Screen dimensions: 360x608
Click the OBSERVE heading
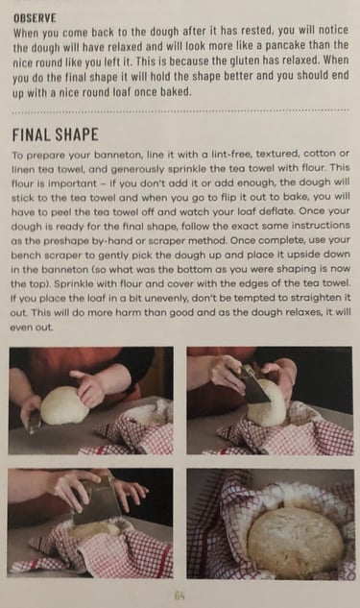[35, 18]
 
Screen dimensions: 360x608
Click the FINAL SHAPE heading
[55, 134]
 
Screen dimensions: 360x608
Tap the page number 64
[180, 595]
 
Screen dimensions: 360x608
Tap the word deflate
[278, 211]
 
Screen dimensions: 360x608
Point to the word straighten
[318, 298]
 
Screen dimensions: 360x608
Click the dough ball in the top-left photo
[65, 405]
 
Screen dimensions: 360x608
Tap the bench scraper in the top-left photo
[35, 422]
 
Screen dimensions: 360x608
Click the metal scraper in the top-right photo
[253, 384]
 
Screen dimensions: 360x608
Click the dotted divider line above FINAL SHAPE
[180, 111]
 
